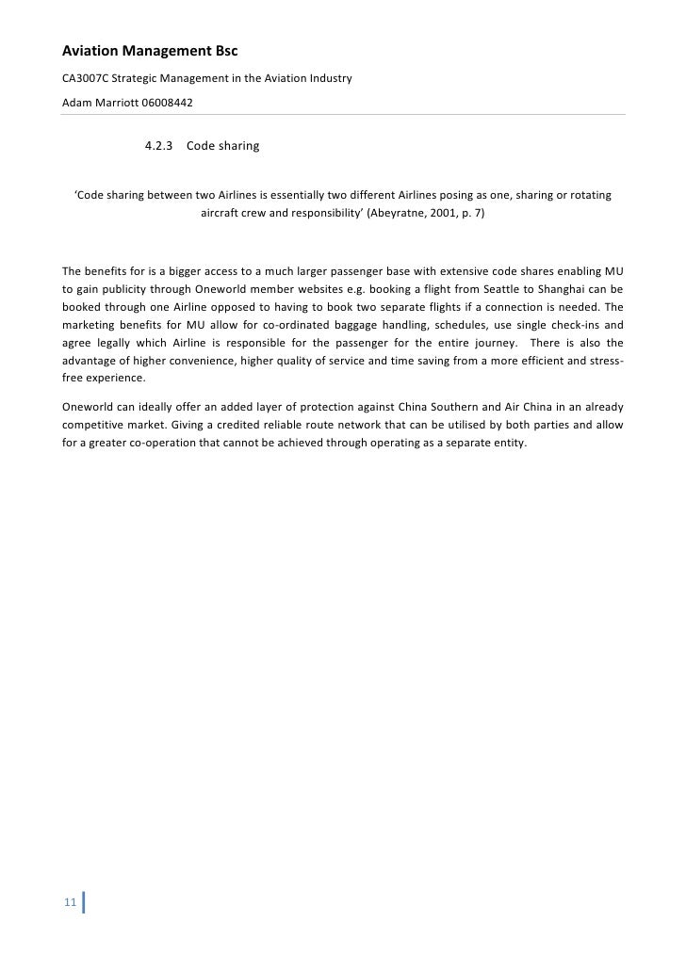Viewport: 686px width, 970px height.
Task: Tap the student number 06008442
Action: [167, 102]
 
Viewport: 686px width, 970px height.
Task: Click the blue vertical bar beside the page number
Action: [85, 903]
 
